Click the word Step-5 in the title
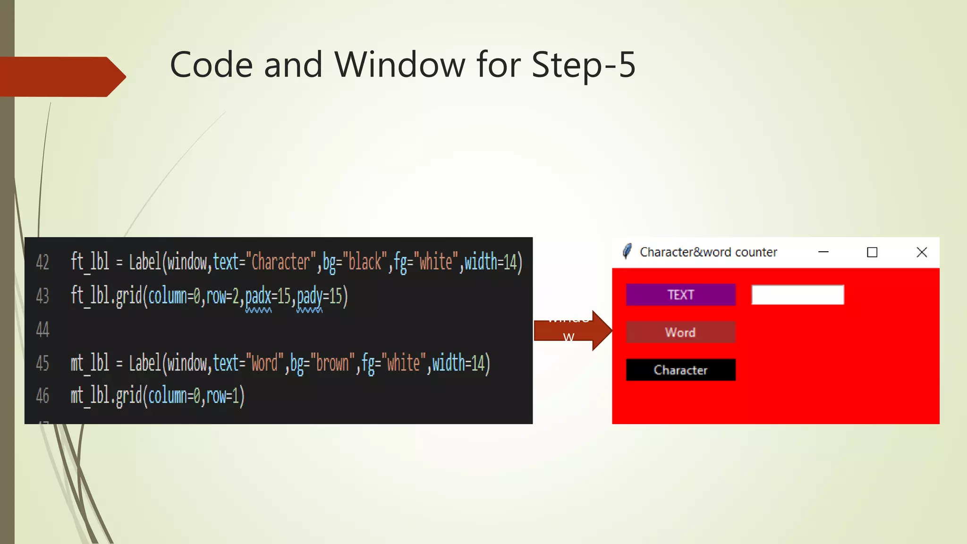(583, 65)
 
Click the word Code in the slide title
(211, 65)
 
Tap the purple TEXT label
(680, 295)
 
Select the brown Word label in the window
(680, 332)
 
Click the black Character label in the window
(680, 370)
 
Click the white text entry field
(797, 295)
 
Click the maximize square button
(872, 253)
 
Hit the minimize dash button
(823, 253)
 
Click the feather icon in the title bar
(627, 252)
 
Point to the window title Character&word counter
(708, 253)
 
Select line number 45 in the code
(42, 364)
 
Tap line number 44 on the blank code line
(42, 330)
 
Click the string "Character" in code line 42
(280, 262)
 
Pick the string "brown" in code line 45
(332, 364)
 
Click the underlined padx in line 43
(258, 297)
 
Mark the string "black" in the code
(365, 262)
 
